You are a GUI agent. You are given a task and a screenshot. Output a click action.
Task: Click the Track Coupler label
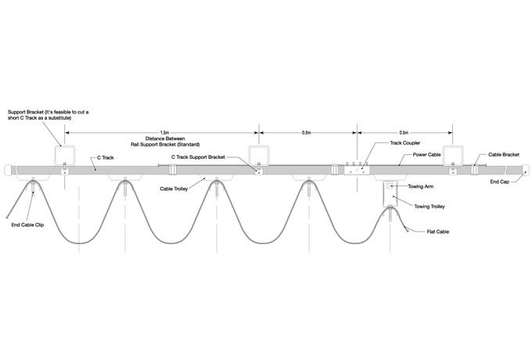[x=404, y=143]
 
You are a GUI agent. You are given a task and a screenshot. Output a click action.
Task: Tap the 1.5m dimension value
[x=164, y=133]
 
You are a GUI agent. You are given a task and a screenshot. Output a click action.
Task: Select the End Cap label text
[x=500, y=182]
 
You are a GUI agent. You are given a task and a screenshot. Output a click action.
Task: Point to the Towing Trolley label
[x=430, y=207]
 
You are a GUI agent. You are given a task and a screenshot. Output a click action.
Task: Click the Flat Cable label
[x=437, y=232]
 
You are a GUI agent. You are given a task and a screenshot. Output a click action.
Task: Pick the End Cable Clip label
[x=27, y=225]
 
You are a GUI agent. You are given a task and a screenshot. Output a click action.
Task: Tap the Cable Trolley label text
[x=174, y=189]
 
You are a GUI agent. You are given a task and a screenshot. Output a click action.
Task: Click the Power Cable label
[x=426, y=155]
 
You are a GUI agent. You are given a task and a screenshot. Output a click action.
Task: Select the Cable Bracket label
[x=504, y=155]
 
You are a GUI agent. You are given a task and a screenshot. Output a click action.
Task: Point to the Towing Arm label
[x=420, y=186]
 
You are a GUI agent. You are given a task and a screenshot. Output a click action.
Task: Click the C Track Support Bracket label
[x=198, y=157]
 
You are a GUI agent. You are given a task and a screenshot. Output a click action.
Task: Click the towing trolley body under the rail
[x=390, y=194]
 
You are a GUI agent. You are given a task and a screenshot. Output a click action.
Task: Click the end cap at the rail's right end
[x=526, y=170]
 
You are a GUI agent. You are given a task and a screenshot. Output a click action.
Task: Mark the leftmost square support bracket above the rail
[x=65, y=156]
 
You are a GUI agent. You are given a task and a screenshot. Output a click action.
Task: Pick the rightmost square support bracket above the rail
[x=453, y=156]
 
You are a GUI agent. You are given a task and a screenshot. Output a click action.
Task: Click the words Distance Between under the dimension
[x=165, y=139]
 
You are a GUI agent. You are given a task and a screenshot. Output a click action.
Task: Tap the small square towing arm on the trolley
[x=390, y=186]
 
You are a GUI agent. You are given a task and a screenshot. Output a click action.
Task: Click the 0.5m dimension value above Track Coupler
[x=404, y=133]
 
